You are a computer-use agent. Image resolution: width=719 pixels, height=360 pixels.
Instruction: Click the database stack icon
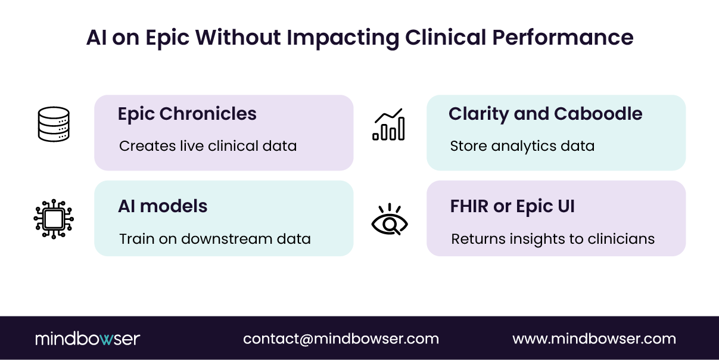click(54, 124)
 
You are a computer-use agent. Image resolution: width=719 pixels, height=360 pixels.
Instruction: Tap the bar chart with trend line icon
click(389, 125)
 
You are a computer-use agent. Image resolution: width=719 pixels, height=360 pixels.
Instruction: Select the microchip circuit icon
click(54, 219)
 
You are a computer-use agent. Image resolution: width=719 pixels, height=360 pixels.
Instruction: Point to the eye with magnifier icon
click(389, 219)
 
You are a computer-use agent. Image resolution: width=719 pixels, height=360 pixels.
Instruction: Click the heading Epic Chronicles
click(187, 114)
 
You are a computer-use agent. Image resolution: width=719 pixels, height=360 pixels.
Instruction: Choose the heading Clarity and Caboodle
click(545, 114)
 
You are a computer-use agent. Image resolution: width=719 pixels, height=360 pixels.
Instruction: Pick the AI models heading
click(163, 206)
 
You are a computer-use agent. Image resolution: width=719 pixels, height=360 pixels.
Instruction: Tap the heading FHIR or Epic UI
click(512, 206)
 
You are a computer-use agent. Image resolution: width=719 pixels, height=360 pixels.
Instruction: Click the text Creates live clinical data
click(208, 146)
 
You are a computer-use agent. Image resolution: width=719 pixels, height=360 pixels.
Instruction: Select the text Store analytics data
click(522, 146)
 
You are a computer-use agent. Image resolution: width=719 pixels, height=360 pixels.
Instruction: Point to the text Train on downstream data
click(215, 239)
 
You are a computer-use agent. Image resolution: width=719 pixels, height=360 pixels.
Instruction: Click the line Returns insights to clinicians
click(553, 239)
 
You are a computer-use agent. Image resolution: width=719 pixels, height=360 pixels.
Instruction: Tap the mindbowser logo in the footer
click(88, 339)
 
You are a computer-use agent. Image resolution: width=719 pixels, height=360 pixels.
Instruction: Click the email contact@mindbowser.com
click(341, 339)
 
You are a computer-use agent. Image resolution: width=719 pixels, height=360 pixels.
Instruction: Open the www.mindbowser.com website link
click(594, 339)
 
